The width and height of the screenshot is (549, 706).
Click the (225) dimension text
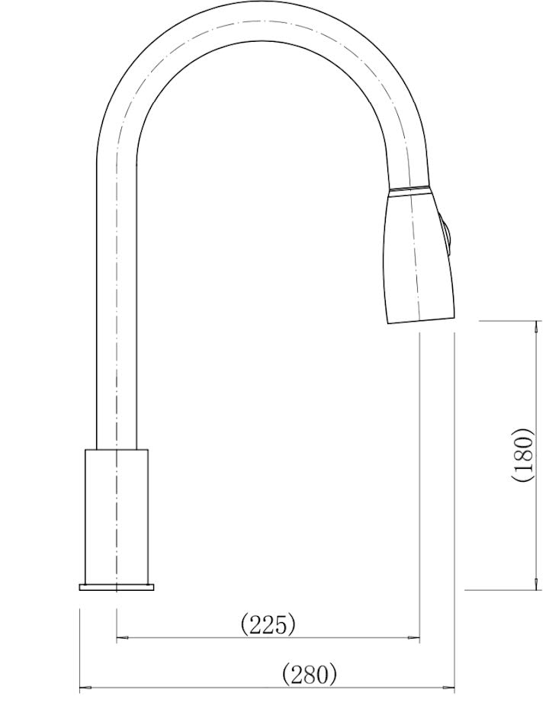click(268, 625)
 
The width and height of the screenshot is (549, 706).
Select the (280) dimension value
click(309, 675)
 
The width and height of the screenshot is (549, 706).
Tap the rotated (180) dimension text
click(522, 454)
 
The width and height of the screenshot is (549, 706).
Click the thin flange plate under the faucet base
click(116, 587)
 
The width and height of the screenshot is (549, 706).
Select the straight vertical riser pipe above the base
click(116, 305)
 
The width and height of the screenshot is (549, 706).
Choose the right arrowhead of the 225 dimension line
click(416, 637)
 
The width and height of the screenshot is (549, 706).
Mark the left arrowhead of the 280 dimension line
click(85, 688)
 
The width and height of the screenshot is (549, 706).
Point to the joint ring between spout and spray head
click(409, 189)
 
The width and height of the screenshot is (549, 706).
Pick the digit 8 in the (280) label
click(310, 675)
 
